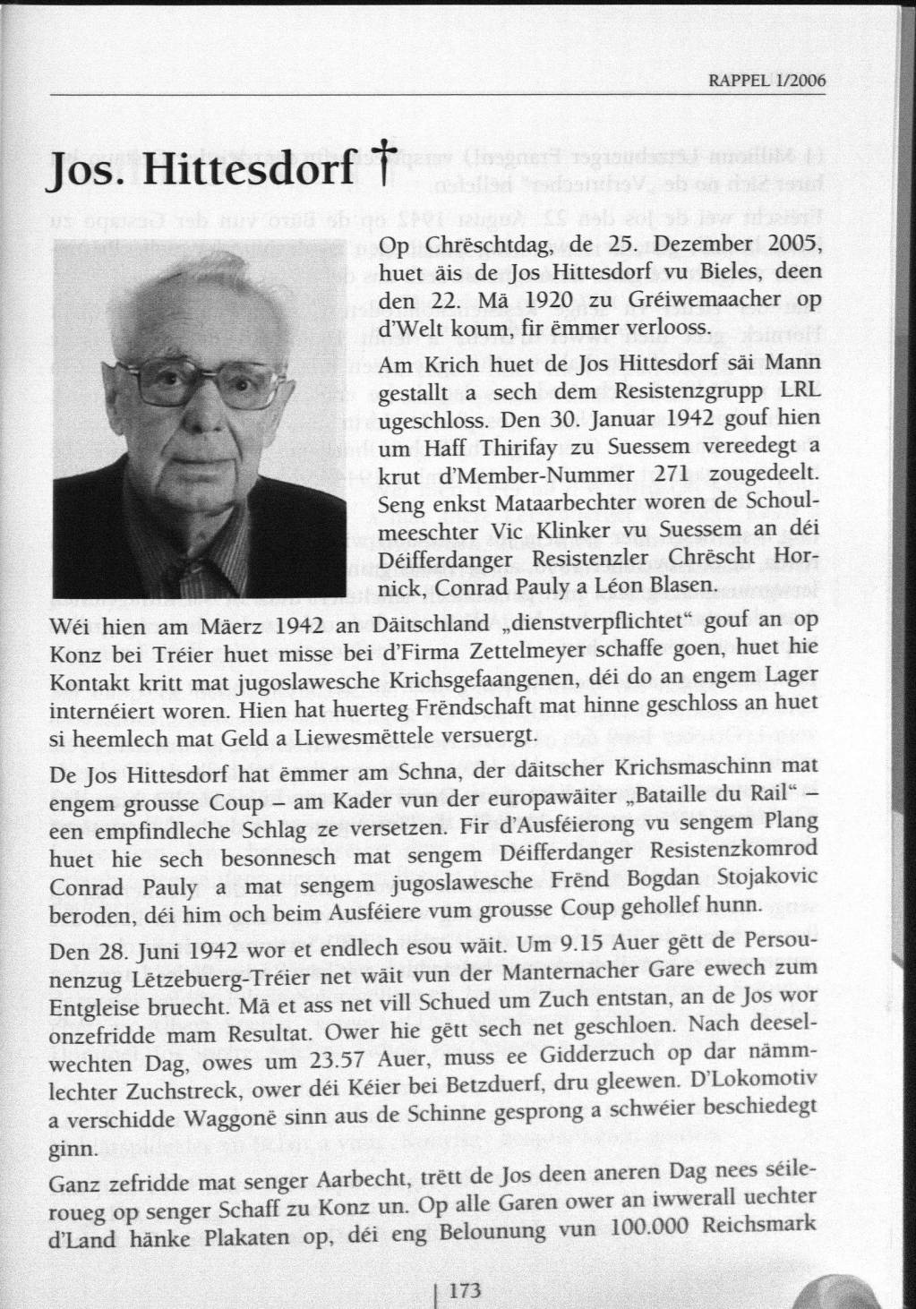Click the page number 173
point(464,1290)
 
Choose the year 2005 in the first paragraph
point(792,246)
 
